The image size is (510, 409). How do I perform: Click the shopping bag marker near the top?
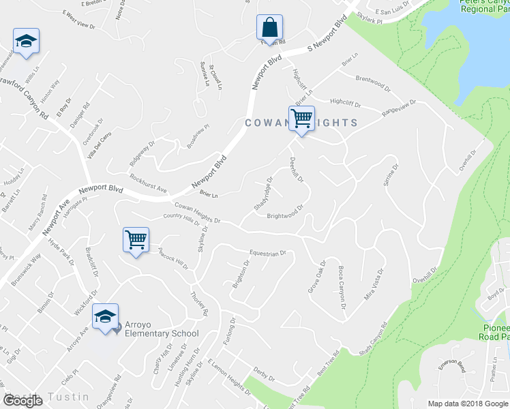(270, 28)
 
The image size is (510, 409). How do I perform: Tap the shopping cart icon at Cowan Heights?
(301, 118)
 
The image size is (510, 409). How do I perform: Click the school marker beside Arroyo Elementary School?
(106, 316)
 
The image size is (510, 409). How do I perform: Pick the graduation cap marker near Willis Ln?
(26, 41)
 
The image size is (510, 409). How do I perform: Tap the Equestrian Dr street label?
(267, 254)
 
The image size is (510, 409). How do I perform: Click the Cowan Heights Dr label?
(197, 213)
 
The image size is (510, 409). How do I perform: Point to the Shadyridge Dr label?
(262, 194)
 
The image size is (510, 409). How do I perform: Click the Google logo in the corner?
(22, 401)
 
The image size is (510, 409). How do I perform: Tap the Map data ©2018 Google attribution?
(467, 403)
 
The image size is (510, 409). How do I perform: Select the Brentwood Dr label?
(373, 83)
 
